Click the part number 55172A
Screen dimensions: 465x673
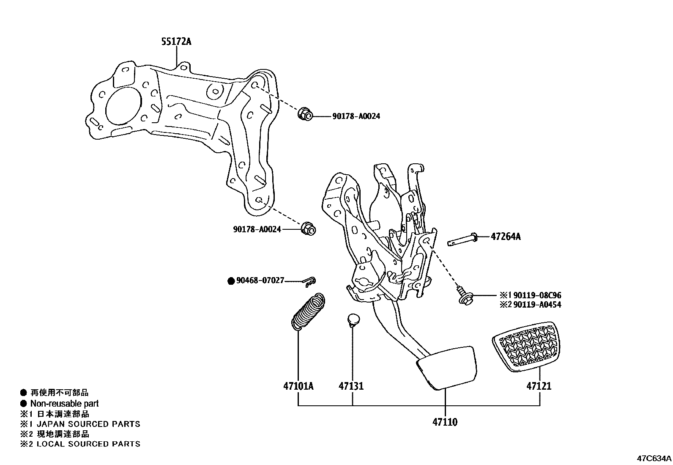pyautogui.click(x=176, y=41)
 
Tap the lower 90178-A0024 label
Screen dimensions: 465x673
pyautogui.click(x=257, y=229)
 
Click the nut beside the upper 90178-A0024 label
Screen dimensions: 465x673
pyautogui.click(x=305, y=114)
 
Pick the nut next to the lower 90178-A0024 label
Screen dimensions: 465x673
pyautogui.click(x=309, y=228)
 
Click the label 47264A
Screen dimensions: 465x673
pyautogui.click(x=506, y=237)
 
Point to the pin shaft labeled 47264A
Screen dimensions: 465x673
pyautogui.click(x=462, y=240)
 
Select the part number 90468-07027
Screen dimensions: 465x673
pyautogui.click(x=260, y=281)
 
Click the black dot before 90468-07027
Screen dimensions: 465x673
pyautogui.click(x=231, y=281)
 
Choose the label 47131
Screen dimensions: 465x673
pyautogui.click(x=351, y=386)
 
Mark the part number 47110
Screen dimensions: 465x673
pyautogui.click(x=445, y=422)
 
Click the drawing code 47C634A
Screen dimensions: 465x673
pyautogui.click(x=654, y=458)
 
